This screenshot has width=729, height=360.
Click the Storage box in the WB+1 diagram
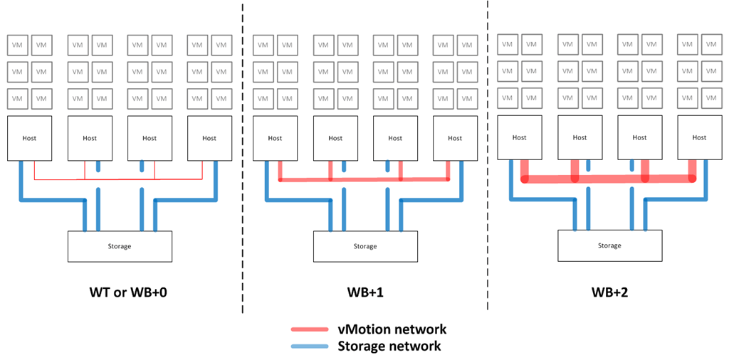pos(365,246)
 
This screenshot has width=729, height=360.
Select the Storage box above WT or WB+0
pos(120,246)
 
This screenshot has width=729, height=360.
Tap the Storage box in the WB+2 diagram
pos(609,245)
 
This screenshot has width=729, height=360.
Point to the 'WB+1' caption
pos(365,292)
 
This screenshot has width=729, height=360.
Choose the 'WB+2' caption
pos(609,292)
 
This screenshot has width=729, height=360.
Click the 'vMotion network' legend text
pos(392,329)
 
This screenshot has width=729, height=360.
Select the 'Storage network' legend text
pos(389,346)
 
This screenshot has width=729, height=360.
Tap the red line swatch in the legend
pos(309,329)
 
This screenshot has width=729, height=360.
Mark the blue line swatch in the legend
pos(309,347)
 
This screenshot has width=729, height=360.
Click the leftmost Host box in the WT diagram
pos(30,138)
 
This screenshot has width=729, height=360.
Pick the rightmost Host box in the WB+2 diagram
pos(700,137)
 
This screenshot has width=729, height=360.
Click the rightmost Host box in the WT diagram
pos(209,138)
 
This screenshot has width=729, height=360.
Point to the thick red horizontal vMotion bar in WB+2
pos(609,179)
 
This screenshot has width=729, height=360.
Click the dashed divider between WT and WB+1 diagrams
pos(243,157)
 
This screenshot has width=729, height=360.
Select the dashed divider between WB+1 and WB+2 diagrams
pos(488,157)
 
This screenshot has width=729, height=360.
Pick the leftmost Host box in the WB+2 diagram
pos(520,137)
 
